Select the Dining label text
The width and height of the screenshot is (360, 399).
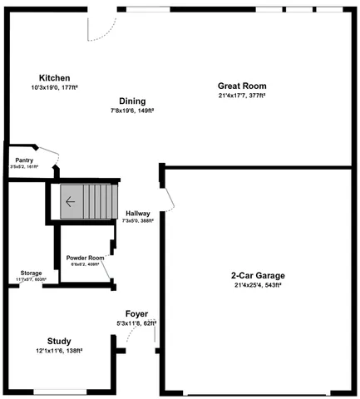pyautogui.click(x=132, y=101)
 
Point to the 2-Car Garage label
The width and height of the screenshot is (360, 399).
pyautogui.click(x=258, y=275)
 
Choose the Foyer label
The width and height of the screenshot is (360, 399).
pyautogui.click(x=136, y=313)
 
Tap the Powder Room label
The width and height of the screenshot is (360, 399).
pyautogui.click(x=86, y=258)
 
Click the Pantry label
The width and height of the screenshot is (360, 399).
pyautogui.click(x=24, y=160)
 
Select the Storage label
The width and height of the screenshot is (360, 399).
pyautogui.click(x=32, y=273)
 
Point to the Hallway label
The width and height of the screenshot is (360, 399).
pyautogui.click(x=137, y=214)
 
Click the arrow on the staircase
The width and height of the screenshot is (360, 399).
pyautogui.click(x=71, y=200)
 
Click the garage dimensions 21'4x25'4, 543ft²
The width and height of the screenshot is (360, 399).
pyautogui.click(x=258, y=285)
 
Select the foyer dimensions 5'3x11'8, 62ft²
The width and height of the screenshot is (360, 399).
pyautogui.click(x=137, y=323)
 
